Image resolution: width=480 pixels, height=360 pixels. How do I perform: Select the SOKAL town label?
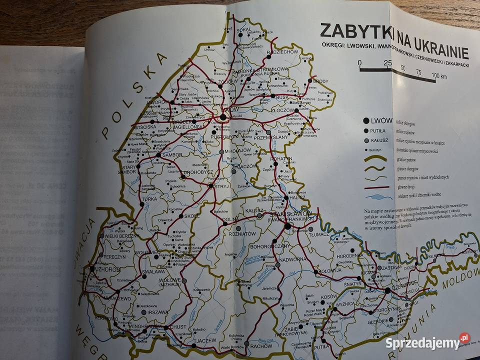point(244,29)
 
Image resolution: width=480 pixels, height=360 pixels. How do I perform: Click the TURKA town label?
point(149,198)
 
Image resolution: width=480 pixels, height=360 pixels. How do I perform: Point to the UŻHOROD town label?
point(105,269)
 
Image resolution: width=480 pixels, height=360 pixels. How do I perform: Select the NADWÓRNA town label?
point(293,259)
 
